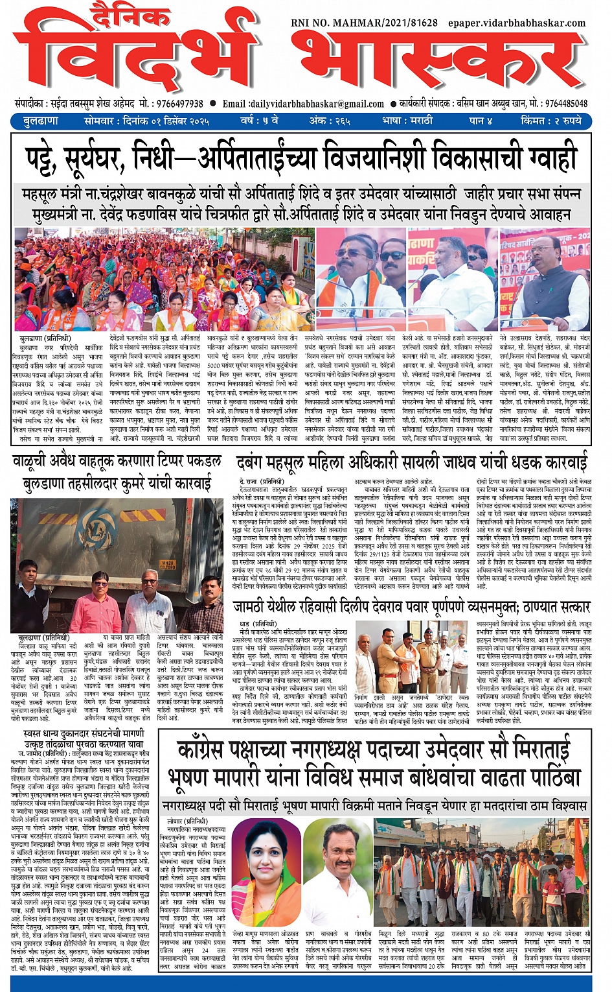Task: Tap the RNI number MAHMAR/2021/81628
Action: pyautogui.click(x=364, y=23)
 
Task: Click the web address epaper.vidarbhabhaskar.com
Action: pyautogui.click(x=516, y=23)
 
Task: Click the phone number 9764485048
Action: pyautogui.click(x=567, y=104)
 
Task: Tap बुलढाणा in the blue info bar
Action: pyautogui.click(x=41, y=121)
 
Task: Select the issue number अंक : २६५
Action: pyautogui.click(x=329, y=121)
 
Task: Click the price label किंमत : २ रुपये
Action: pyautogui.click(x=551, y=121)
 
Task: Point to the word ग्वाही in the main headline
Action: pyautogui.click(x=550, y=158)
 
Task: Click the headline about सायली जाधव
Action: pyautogui.click(x=413, y=463)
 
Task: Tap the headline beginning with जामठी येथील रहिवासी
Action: pyautogui.click(x=411, y=607)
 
